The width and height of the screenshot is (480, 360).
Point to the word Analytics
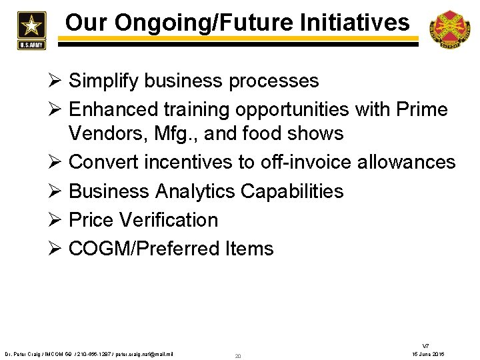point(195,191)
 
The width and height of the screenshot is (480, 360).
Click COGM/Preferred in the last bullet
point(147,249)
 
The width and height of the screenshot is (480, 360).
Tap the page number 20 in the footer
point(238,356)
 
